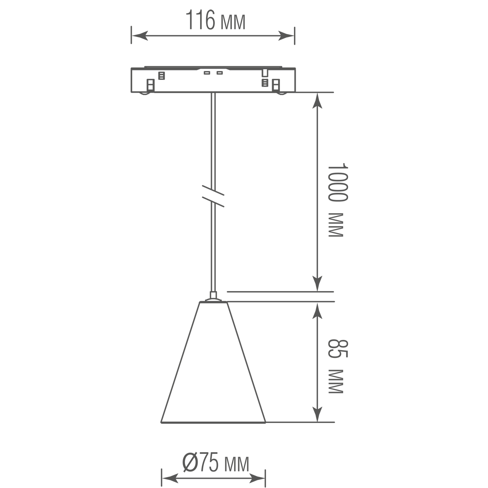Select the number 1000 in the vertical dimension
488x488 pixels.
tap(338, 183)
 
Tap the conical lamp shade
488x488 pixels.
tap(213, 366)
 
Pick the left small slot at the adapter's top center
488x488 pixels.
tap(207, 73)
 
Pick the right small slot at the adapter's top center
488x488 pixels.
tap(220, 73)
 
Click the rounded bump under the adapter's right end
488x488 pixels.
tap(281, 94)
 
